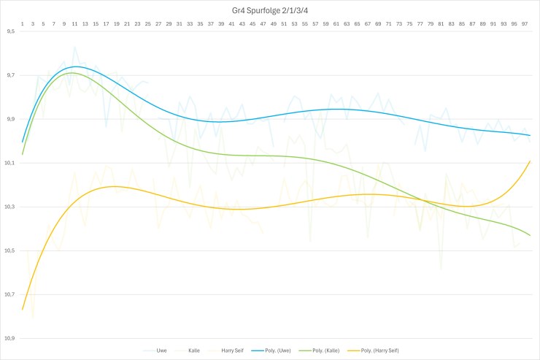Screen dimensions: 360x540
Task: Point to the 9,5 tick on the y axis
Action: [9, 32]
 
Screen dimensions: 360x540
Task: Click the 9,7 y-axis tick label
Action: [9, 76]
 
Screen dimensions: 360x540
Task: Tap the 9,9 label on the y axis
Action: [9, 120]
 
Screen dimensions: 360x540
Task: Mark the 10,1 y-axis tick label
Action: [9, 164]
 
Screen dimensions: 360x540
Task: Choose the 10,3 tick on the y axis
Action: [9, 207]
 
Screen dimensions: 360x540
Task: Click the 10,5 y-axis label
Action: [9, 251]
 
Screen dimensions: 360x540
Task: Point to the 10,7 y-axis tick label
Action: [9, 295]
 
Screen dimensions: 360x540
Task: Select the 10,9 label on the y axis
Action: [9, 339]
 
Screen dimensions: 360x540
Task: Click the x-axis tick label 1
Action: [23, 24]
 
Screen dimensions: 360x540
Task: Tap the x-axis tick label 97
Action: [525, 24]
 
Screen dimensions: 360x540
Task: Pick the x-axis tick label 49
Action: [274, 24]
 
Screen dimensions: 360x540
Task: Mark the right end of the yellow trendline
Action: [530, 161]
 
